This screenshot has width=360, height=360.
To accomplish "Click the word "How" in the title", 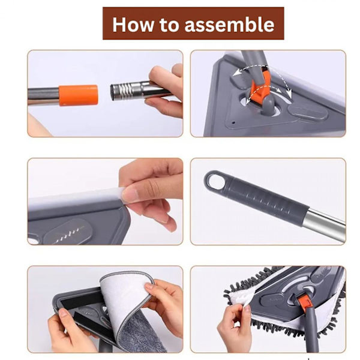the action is coord(133,25).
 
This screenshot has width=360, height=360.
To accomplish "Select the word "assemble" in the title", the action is coord(229,25).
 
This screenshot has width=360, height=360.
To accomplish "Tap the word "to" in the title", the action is coord(169,25).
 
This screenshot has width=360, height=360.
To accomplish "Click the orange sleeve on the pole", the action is coord(78,95).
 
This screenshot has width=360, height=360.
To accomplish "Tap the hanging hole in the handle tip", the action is coord(215,182).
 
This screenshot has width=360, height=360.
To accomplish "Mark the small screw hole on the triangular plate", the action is coord(234,122).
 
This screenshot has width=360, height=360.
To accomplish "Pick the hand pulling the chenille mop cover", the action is coord(234,326).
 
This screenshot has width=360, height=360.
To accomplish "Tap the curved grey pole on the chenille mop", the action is coord(310,331).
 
